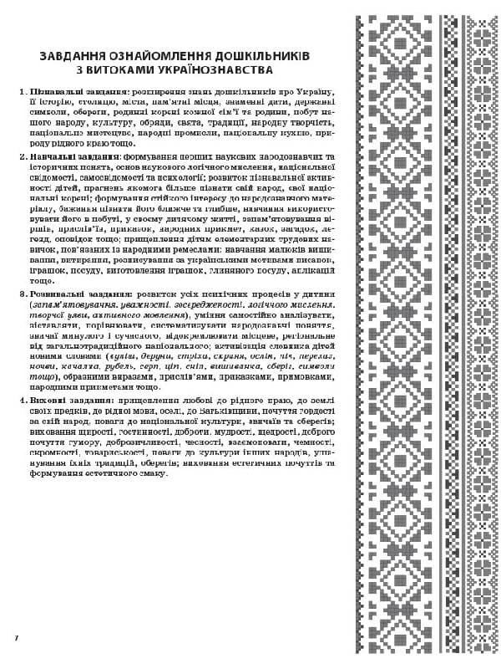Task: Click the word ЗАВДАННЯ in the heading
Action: coord(70,55)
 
